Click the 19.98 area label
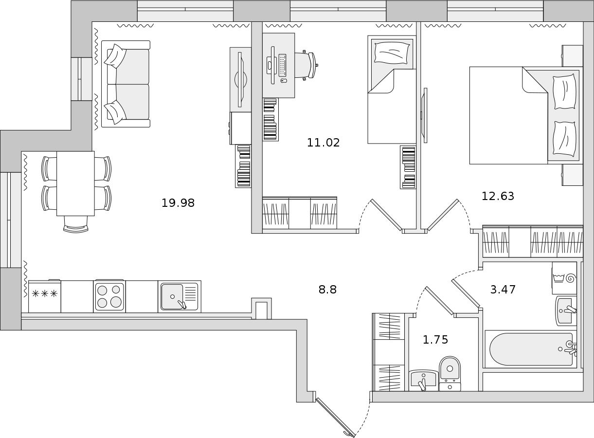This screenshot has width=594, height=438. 178,203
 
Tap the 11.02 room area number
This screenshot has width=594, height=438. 323,143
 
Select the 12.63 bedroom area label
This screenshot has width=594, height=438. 498,196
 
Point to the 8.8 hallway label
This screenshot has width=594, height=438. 327,290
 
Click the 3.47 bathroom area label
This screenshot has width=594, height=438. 503,290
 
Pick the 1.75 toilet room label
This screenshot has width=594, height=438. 435,340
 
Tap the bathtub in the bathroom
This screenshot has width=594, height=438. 531,349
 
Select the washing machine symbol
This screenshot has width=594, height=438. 564,278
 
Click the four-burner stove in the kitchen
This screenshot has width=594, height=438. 109,296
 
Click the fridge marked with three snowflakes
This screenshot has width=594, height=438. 45,296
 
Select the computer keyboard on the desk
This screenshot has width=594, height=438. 283,65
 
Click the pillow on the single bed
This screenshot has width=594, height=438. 392,53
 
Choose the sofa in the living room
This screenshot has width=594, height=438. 126,84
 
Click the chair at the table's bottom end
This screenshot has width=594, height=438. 76,224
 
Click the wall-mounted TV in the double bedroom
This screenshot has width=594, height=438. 425,115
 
